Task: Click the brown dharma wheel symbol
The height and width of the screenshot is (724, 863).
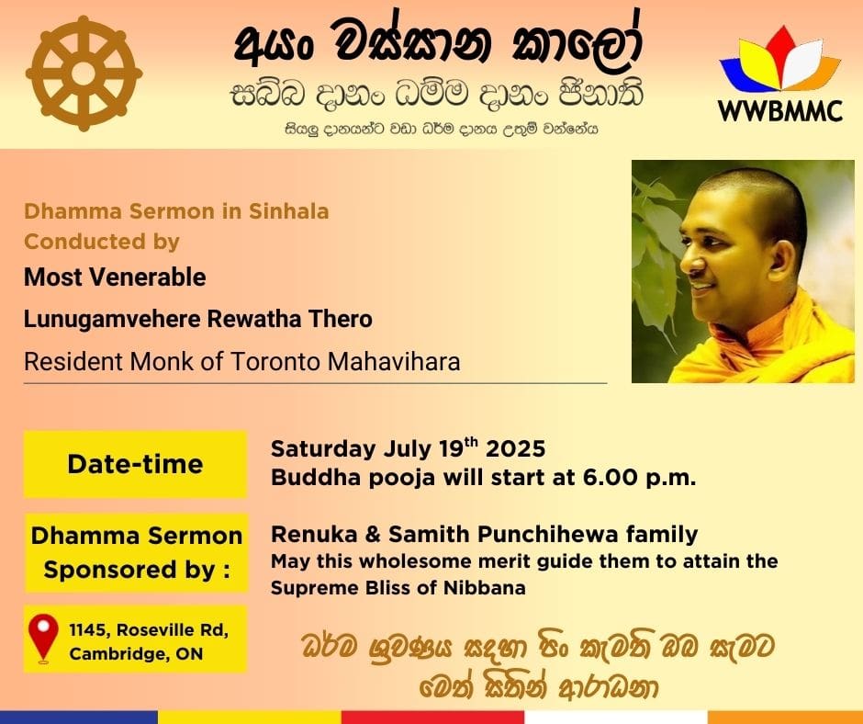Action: pyautogui.click(x=84, y=74)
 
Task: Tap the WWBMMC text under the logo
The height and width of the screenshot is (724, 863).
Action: pyautogui.click(x=779, y=111)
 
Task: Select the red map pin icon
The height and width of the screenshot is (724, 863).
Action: pyautogui.click(x=43, y=639)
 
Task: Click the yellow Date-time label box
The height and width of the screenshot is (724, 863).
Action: pyautogui.click(x=135, y=464)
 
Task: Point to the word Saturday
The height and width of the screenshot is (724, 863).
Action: pyautogui.click(x=323, y=449)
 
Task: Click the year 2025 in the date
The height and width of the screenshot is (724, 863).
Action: pyautogui.click(x=515, y=449)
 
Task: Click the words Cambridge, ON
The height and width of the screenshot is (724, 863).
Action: pyautogui.click(x=136, y=654)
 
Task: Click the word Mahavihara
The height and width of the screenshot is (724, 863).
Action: pyautogui.click(x=394, y=362)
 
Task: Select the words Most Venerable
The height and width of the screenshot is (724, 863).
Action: pyautogui.click(x=115, y=277)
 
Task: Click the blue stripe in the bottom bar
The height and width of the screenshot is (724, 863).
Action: pyautogui.click(x=79, y=718)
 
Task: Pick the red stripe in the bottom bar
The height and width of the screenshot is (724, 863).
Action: pyautogui.click(x=432, y=718)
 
